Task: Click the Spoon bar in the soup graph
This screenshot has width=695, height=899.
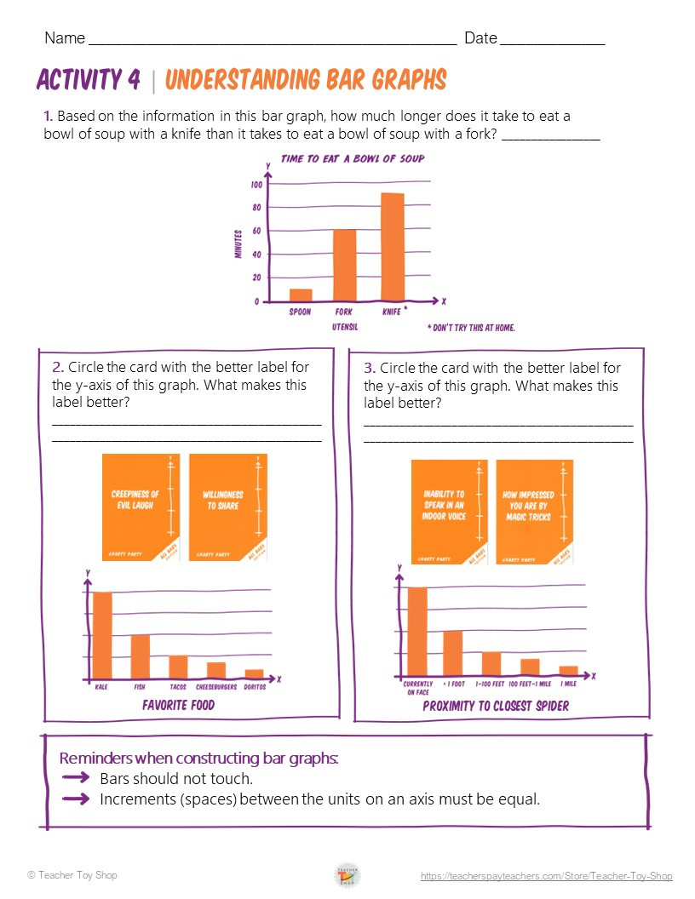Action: [x=301, y=295]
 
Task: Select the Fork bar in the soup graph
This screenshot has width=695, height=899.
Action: [x=344, y=265]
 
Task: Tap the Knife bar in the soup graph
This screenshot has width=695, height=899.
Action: [x=392, y=247]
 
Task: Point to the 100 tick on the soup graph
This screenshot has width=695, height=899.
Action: [x=256, y=184]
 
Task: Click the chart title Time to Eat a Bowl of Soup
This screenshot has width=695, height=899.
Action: [x=353, y=158]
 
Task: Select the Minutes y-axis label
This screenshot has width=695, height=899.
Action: [x=238, y=243]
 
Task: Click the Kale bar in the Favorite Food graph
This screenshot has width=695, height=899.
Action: [x=103, y=634]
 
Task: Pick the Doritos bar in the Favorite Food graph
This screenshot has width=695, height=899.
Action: [x=254, y=673]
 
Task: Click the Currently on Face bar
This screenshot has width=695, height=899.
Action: [x=417, y=631]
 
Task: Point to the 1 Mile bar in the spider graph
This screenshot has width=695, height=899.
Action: [x=568, y=670]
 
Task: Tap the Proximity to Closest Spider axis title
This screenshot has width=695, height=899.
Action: [x=496, y=706]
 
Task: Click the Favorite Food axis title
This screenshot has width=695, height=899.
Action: [x=179, y=705]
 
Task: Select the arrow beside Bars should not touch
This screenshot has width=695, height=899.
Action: [x=76, y=778]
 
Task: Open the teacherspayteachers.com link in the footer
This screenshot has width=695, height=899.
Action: [x=546, y=876]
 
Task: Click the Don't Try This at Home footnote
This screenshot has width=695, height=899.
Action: [x=471, y=327]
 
